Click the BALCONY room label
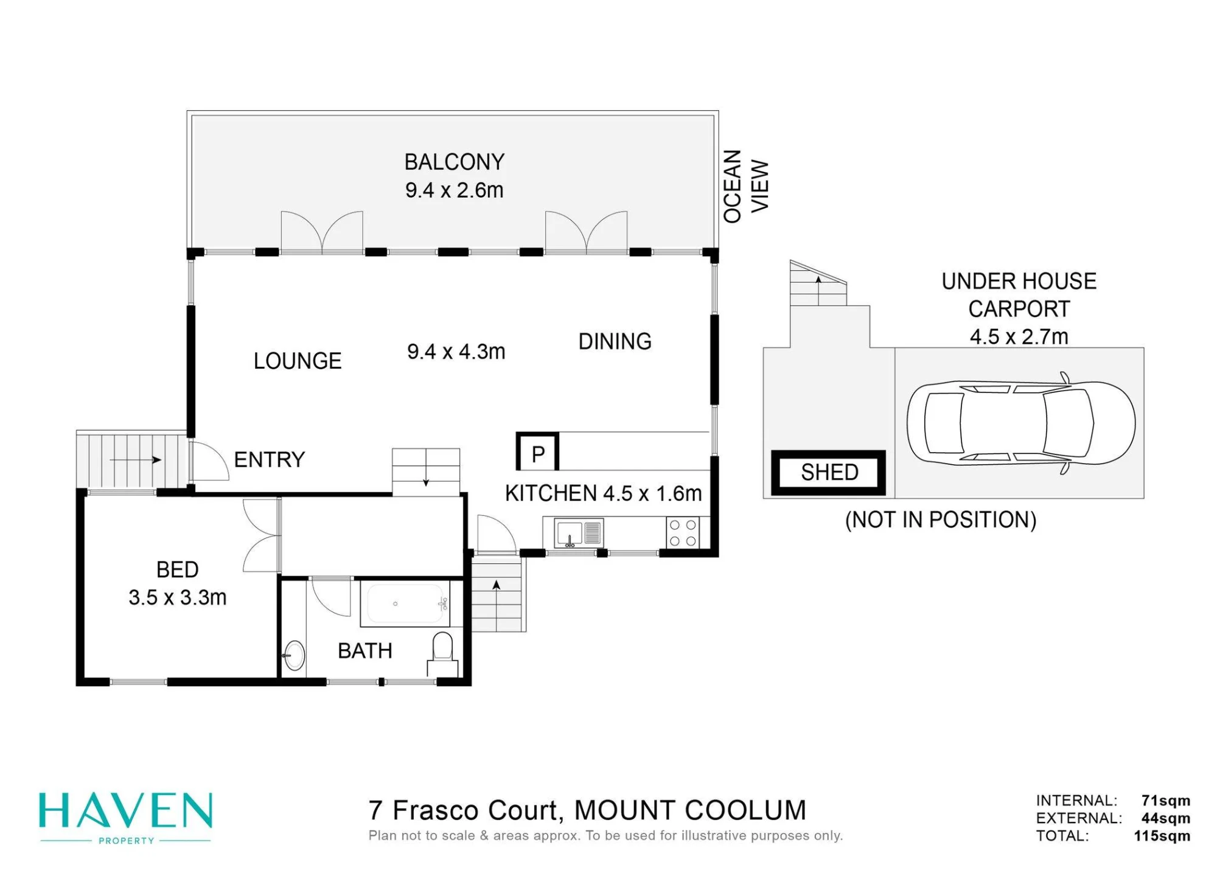455,162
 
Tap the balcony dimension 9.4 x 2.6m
455,190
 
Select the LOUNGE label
298,361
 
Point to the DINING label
615,341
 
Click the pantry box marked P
537,452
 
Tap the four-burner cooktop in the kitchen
683,533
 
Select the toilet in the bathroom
442,654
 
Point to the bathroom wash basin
294,656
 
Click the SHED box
828,473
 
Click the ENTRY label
269,459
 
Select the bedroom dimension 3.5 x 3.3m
178,597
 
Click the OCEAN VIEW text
746,186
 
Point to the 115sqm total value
1162,835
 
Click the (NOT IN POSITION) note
941,520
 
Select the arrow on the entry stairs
135,460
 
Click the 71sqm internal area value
1166,801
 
